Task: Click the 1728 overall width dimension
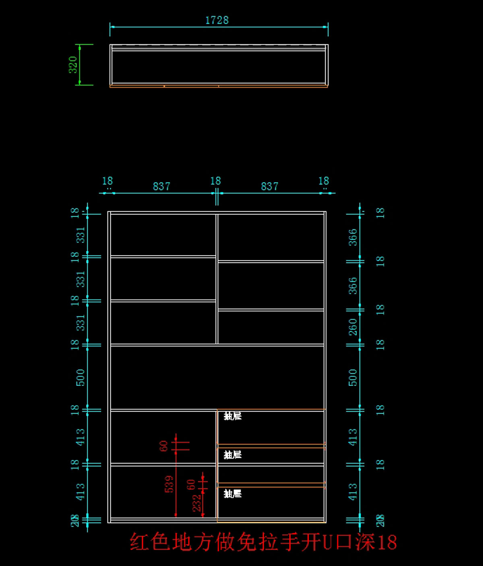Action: click(x=217, y=20)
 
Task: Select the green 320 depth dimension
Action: click(x=73, y=65)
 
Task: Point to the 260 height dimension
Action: click(x=353, y=327)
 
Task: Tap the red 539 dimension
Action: click(x=169, y=484)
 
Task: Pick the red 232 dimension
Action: click(x=196, y=503)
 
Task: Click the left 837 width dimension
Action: click(x=161, y=187)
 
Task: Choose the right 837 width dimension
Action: click(x=269, y=187)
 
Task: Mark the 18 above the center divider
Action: click(x=216, y=181)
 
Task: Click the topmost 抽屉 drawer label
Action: click(x=233, y=416)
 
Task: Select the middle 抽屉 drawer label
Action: click(x=233, y=455)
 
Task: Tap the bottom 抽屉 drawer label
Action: click(x=233, y=494)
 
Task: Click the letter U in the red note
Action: click(x=327, y=542)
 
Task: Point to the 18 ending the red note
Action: click(x=386, y=542)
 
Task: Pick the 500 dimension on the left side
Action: click(x=80, y=377)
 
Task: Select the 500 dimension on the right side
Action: click(x=353, y=377)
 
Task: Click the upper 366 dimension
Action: click(x=353, y=237)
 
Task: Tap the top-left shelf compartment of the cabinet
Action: click(x=163, y=235)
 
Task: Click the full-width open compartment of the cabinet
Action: click(x=217, y=377)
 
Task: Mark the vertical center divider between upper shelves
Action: click(x=217, y=279)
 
